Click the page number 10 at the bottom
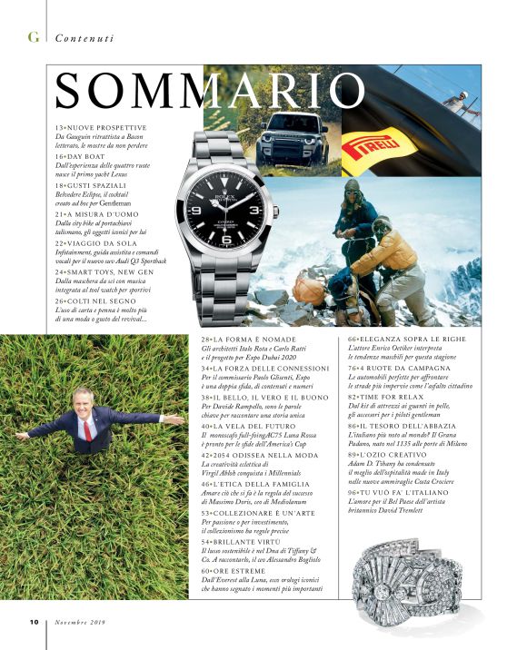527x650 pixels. click(33, 622)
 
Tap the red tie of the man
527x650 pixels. click(87, 429)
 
